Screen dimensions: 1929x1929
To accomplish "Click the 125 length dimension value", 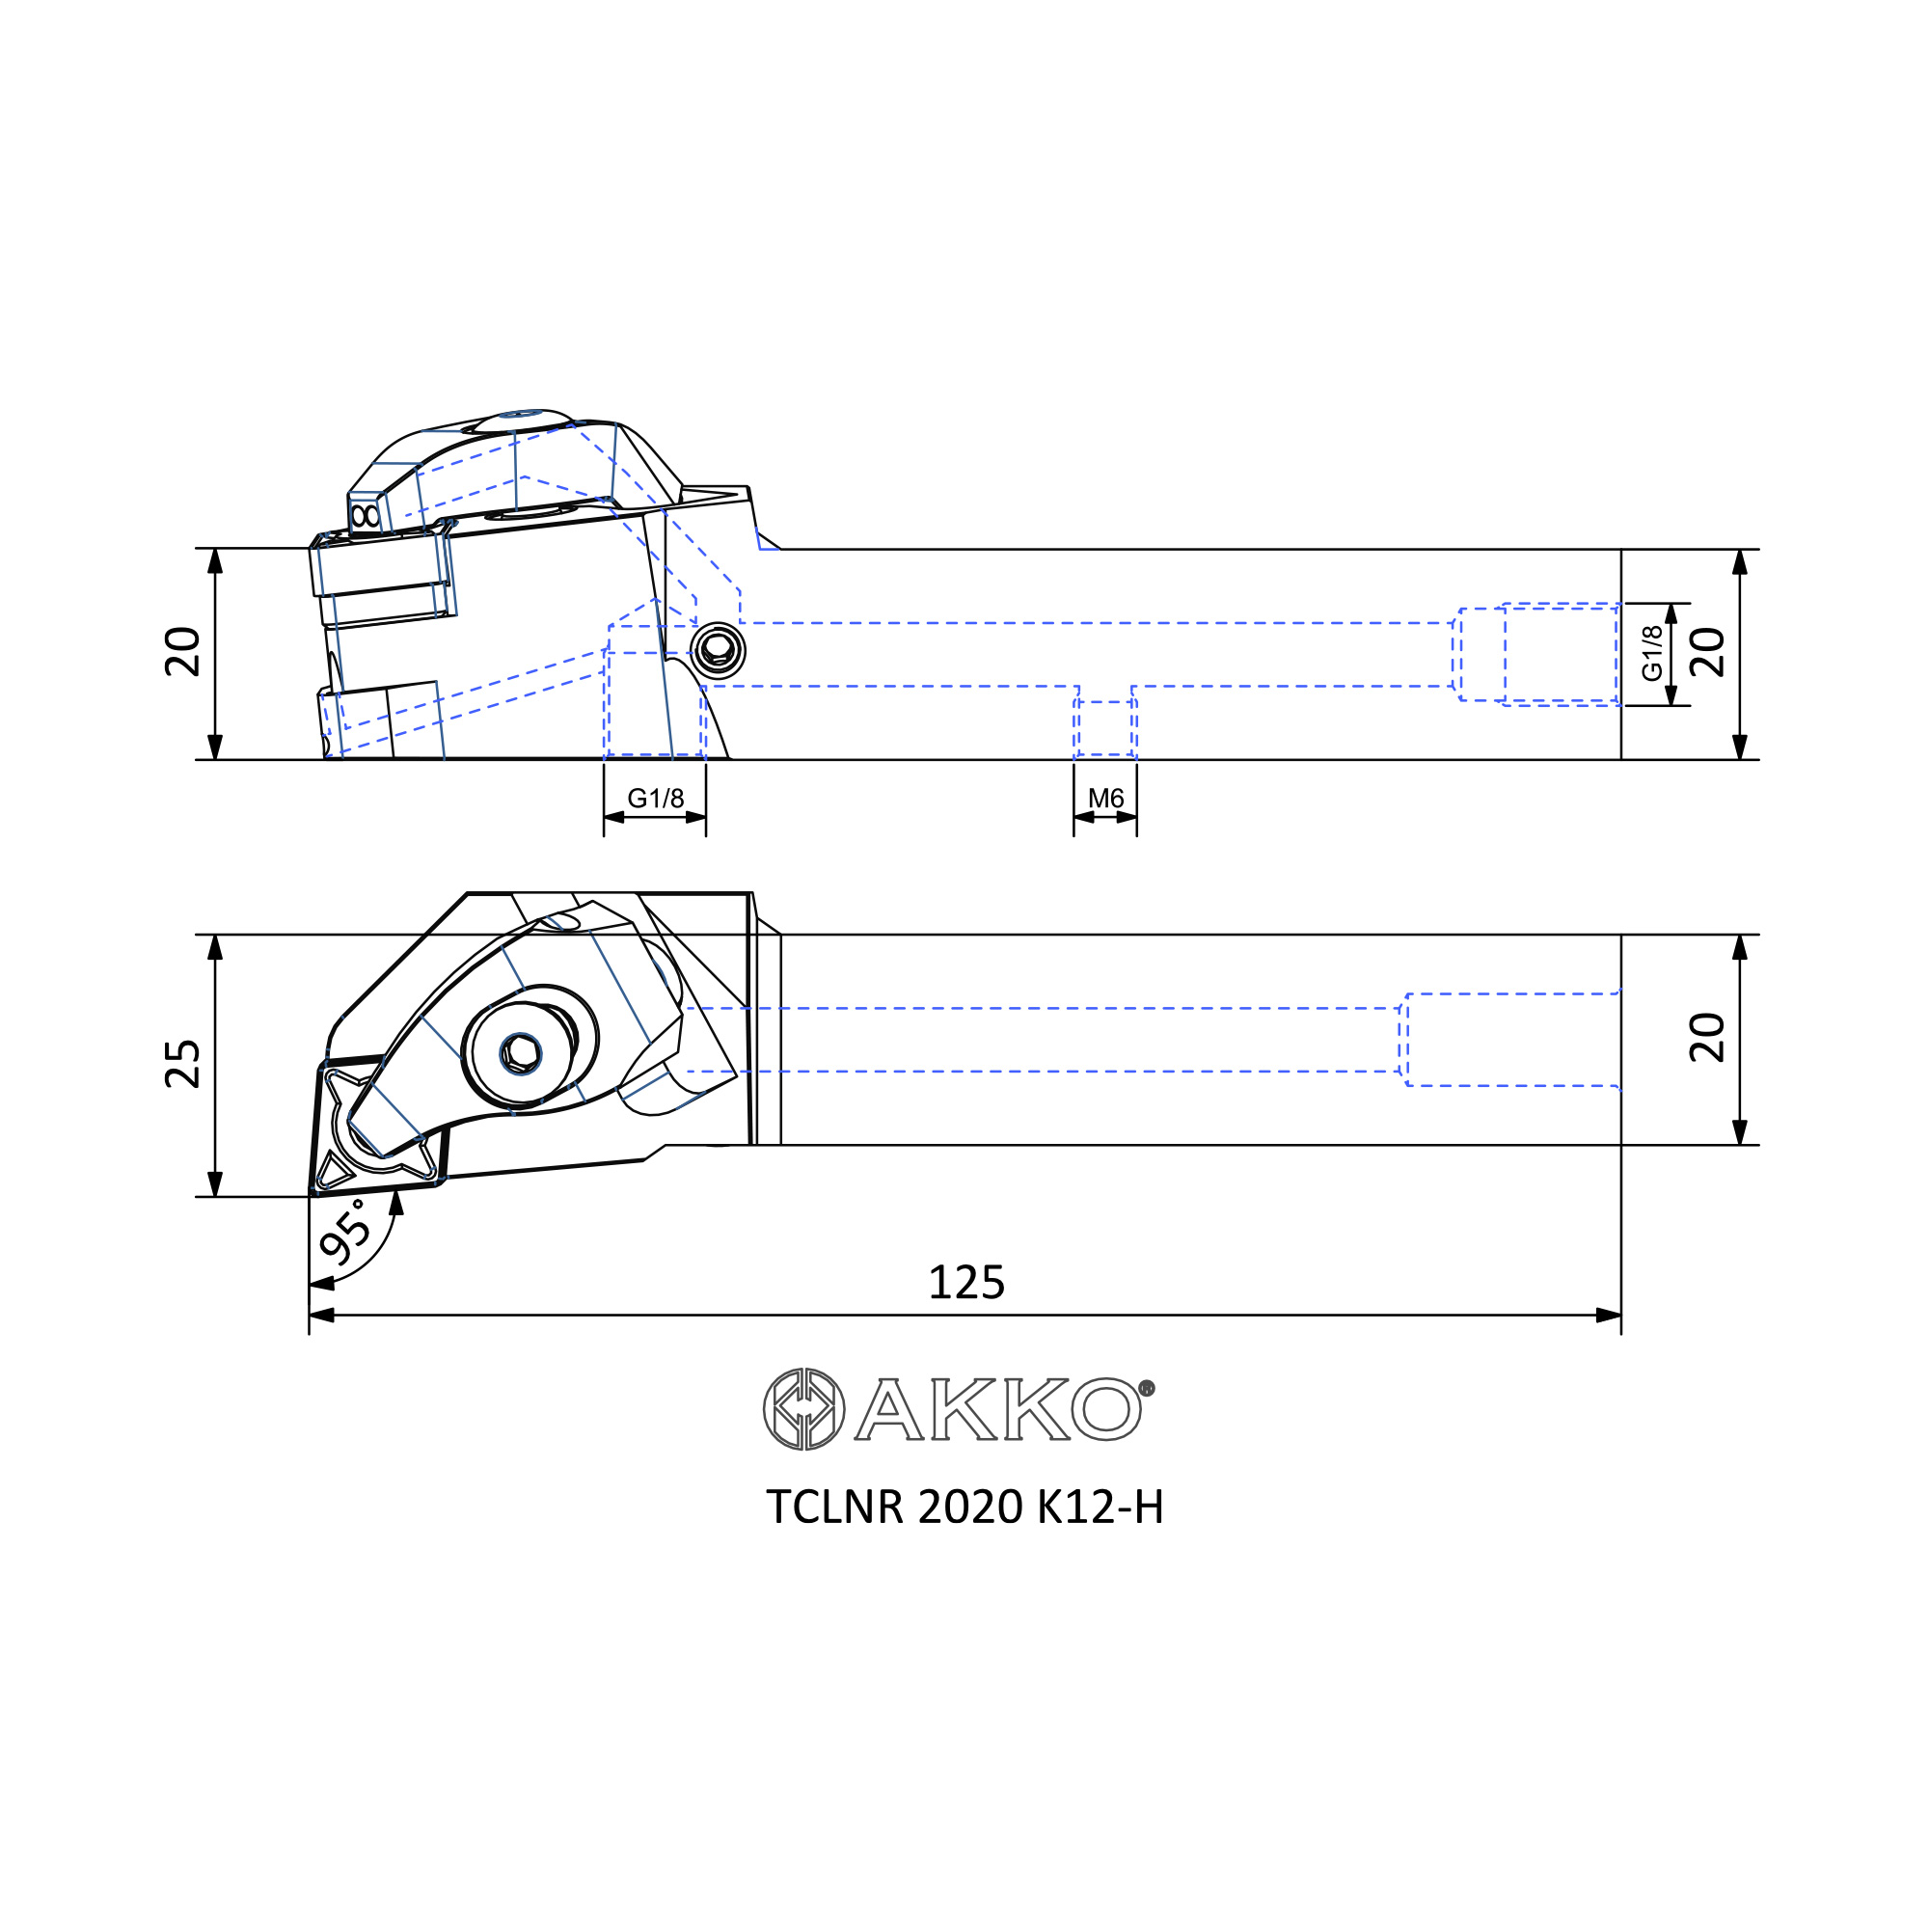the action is (965, 1283).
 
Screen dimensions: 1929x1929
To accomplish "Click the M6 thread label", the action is (1105, 798).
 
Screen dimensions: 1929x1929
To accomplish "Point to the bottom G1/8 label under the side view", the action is (655, 798).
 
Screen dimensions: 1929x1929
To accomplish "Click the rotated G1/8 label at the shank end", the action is (1652, 653).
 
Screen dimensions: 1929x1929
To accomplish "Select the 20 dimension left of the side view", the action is (183, 653).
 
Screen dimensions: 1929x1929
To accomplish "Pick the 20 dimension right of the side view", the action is (1707, 653).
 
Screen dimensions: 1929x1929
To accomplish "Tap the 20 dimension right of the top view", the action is (1707, 1039).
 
